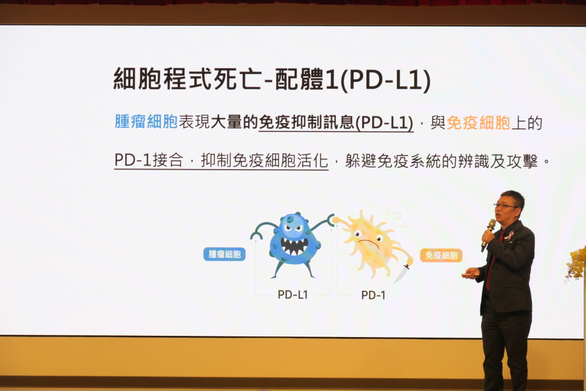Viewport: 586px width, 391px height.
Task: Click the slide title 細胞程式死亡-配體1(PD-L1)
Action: (272, 79)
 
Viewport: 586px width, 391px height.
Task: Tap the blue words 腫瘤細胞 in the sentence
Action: (146, 122)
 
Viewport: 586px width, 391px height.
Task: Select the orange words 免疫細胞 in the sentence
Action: (478, 123)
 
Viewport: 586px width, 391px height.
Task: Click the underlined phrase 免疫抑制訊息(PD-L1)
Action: (336, 123)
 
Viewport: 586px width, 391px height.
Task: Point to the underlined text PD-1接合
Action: (149, 160)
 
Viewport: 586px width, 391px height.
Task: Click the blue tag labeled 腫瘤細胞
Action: (224, 254)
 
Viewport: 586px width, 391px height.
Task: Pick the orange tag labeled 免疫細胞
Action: (441, 255)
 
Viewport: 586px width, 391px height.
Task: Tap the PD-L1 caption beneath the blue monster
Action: (292, 295)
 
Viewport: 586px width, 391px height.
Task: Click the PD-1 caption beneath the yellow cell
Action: (373, 295)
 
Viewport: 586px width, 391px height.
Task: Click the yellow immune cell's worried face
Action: (369, 238)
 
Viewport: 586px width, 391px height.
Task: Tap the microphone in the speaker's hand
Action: (488, 235)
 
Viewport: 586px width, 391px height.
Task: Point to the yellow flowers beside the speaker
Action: (576, 264)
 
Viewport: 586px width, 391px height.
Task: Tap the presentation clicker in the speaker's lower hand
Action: (471, 275)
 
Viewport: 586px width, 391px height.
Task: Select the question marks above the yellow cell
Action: (394, 218)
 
